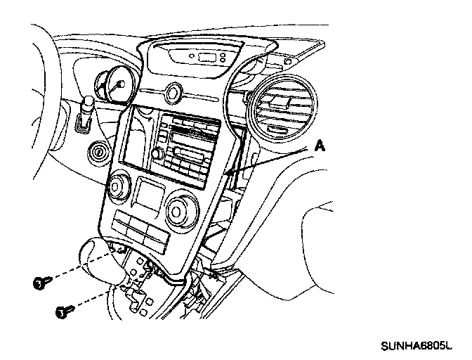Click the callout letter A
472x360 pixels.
point(319,146)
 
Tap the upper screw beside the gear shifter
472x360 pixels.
point(41,283)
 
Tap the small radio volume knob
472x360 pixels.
point(159,154)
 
